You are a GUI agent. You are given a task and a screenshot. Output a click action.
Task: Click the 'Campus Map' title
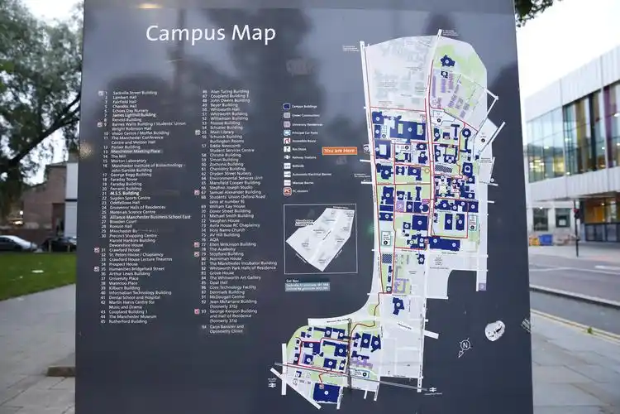pos(210,34)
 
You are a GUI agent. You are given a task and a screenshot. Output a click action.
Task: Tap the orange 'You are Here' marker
pos(339,151)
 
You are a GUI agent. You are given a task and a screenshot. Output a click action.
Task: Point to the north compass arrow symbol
pos(465,344)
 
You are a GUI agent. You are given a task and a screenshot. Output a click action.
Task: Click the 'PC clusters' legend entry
pos(298,191)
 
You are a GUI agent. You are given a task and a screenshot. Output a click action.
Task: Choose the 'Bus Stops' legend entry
pos(298,149)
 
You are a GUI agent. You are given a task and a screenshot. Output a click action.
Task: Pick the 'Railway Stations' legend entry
pos(303,157)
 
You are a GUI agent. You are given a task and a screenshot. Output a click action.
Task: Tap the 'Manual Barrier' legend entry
pos(302,182)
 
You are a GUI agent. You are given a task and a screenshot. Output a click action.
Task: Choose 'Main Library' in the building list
pos(222,131)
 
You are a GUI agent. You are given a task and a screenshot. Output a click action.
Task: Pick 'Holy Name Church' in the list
pos(227,229)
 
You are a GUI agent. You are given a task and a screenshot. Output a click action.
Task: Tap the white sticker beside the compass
pos(494,330)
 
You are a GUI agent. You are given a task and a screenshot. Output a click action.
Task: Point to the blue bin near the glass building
pos(546,239)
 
